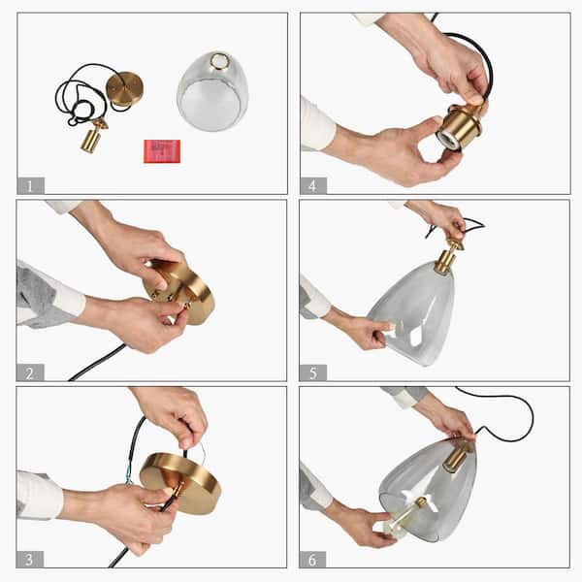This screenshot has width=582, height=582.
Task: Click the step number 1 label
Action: pyautogui.click(x=30, y=184)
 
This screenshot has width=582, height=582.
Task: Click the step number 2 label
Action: pyautogui.click(x=30, y=372)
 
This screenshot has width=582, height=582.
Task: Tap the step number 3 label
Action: pyautogui.click(x=30, y=558)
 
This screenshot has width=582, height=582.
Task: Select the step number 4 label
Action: pyautogui.click(x=313, y=184)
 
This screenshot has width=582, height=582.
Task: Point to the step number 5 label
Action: pyautogui.click(x=313, y=372)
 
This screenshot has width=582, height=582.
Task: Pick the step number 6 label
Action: pyautogui.click(x=313, y=558)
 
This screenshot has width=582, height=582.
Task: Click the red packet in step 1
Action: pyautogui.click(x=162, y=150)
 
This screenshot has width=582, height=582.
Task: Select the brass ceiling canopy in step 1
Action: pyautogui.click(x=125, y=88)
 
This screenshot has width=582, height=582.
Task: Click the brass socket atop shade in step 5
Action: pyautogui.click(x=447, y=256)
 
